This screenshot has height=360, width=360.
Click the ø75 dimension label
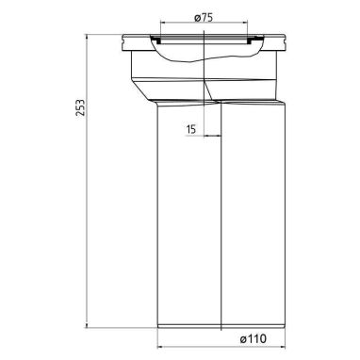pos(204,18)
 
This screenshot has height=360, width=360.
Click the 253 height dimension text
pos(80,107)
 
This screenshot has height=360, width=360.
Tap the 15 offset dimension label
pos(191,129)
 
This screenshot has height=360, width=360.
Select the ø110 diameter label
pos(253,339)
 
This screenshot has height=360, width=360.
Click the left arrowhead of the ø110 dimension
pos(159,347)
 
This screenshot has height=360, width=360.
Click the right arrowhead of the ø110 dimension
pos(283,347)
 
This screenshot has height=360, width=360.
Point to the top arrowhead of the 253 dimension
pos(87,37)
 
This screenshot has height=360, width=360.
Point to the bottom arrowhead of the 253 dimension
pos(87,325)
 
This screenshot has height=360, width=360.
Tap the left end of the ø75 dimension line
pos(160,22)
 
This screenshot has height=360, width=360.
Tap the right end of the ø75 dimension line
pos(248,22)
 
